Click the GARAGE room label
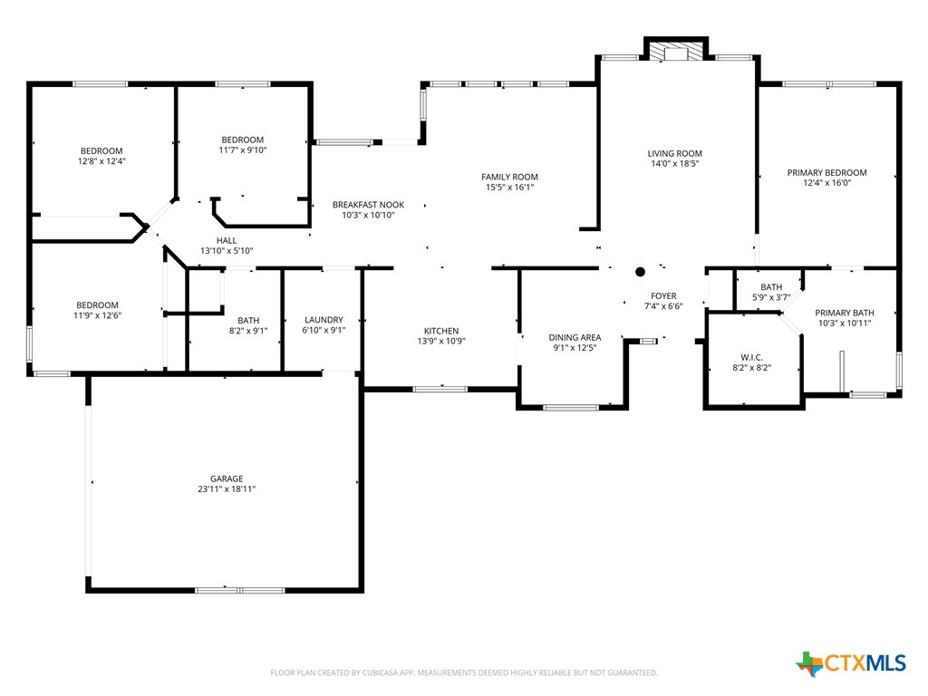227,478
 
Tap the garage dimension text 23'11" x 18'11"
227,489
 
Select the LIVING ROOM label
675,153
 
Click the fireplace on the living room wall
675,53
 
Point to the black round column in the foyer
640,271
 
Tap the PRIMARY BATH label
845,313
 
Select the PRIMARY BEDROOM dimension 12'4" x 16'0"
826,183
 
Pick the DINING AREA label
575,337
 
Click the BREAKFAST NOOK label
368,205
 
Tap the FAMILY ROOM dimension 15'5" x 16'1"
509,188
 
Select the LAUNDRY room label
324,320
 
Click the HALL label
227,240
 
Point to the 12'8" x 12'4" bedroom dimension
101,161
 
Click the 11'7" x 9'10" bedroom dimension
242,150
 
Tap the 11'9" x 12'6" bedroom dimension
97,315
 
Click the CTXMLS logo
851,663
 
